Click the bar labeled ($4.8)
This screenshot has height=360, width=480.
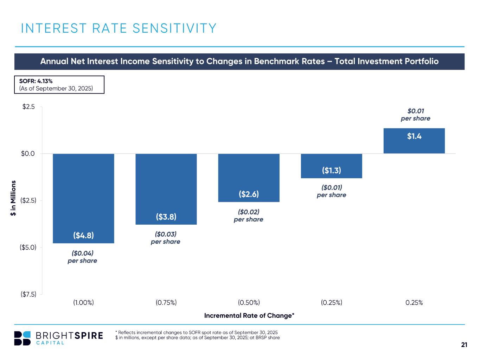click(83, 198)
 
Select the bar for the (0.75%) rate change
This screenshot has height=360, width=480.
click(166, 189)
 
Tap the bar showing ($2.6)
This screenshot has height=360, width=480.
click(249, 178)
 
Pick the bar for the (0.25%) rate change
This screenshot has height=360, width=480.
click(331, 166)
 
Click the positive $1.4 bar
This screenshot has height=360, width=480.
click(414, 141)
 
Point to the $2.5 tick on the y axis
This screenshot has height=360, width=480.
click(28, 107)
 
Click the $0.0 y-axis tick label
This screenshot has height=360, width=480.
click(28, 154)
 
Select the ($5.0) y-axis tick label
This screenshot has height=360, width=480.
click(28, 247)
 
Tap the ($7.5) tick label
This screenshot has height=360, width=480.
click(28, 294)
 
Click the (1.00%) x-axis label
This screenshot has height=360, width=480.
click(83, 303)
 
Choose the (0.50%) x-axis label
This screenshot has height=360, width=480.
click(249, 303)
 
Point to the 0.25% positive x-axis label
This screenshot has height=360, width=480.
click(414, 303)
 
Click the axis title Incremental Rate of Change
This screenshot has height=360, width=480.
click(249, 315)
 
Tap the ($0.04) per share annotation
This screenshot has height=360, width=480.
click(82, 257)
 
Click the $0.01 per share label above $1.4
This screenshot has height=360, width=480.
click(415, 115)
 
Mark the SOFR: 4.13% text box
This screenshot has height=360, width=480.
click(59, 85)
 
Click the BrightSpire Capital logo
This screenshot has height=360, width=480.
click(58, 338)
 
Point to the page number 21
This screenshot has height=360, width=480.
click(464, 345)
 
